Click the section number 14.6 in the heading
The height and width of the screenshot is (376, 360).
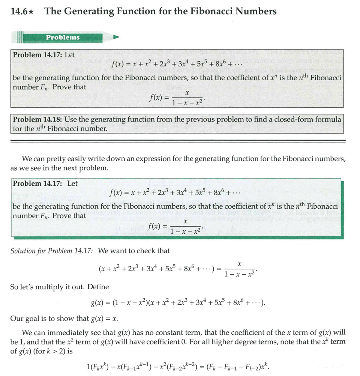click(x=19, y=12)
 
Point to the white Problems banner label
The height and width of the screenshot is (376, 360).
click(x=63, y=37)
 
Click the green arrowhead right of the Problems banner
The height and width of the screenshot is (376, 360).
click(x=116, y=37)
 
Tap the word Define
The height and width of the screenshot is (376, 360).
click(x=98, y=287)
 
